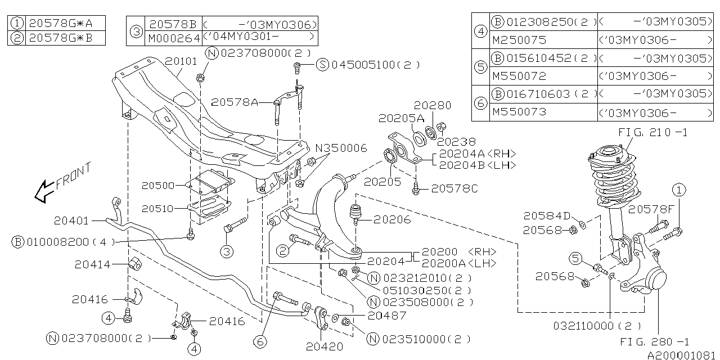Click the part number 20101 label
pos(181,61)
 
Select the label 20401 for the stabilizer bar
pos(72,220)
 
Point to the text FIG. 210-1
pos(652,133)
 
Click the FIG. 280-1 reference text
pos(654,341)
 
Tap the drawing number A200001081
pos(681,355)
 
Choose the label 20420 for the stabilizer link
pos(325,346)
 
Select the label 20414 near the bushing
pos(93,264)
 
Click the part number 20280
pos(433,105)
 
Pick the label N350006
pos(340,148)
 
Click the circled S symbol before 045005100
pos(322,65)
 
